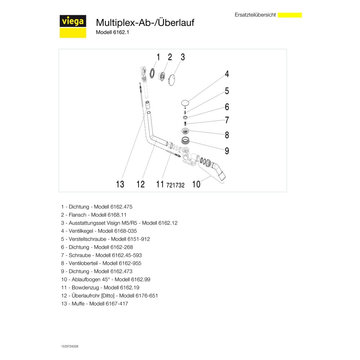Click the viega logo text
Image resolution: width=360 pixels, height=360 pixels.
click(x=73, y=22)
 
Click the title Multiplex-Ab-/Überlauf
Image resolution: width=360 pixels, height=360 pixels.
click(x=145, y=22)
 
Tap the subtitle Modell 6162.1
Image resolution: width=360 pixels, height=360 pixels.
click(x=112, y=32)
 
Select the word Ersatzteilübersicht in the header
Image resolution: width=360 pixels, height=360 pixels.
click(x=255, y=15)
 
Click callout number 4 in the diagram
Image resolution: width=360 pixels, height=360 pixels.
click(x=227, y=74)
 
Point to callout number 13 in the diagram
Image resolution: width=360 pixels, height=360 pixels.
click(x=120, y=184)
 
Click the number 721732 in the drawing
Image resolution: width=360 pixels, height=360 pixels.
click(x=175, y=185)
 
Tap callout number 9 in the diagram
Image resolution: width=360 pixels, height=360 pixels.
click(x=227, y=151)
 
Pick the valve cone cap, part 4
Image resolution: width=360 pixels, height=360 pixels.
click(x=185, y=102)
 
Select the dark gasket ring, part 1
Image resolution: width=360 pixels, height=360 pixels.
click(x=152, y=73)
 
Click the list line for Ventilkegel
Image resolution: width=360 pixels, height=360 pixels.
click(x=99, y=231)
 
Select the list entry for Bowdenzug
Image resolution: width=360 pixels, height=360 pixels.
click(x=100, y=287)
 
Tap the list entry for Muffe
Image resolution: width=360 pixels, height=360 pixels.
click(x=94, y=303)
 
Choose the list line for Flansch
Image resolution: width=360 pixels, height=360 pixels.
click(x=94, y=215)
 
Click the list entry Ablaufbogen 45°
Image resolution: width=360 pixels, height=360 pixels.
click(x=105, y=279)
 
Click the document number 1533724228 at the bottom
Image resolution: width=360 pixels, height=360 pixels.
click(x=69, y=346)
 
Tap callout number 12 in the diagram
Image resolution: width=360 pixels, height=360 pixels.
click(x=140, y=184)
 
